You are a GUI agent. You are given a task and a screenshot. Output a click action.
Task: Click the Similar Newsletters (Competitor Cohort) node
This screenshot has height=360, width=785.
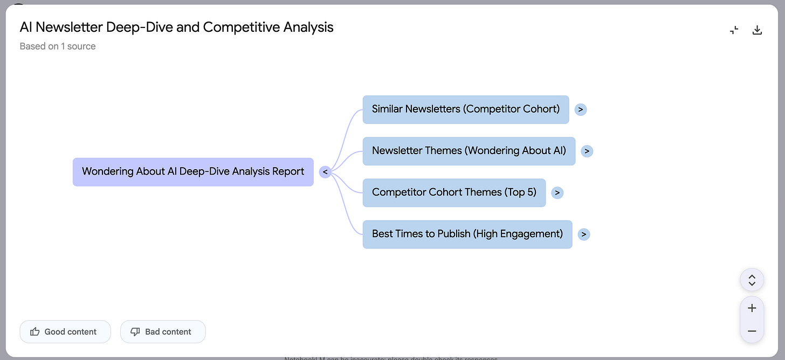pyautogui.click(x=465, y=109)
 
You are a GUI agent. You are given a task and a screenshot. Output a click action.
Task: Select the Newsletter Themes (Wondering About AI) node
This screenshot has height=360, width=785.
pyautogui.click(x=469, y=151)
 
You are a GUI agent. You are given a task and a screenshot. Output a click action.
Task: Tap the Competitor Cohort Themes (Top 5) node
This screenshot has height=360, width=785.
pyautogui.click(x=454, y=192)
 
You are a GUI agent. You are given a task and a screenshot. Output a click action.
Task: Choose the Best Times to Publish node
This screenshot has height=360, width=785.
pyautogui.click(x=467, y=234)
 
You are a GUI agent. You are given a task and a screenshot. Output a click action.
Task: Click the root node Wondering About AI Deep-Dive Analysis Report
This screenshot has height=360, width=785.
pyautogui.click(x=193, y=172)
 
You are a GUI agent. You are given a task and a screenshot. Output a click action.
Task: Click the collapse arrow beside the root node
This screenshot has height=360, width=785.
pyautogui.click(x=325, y=172)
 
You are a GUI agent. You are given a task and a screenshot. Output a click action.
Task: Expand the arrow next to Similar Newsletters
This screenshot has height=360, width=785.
pyautogui.click(x=580, y=109)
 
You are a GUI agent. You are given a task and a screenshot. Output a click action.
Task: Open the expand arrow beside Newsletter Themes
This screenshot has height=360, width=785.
pyautogui.click(x=587, y=151)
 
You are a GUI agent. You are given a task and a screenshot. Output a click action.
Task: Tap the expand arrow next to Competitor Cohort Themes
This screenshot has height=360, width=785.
pyautogui.click(x=557, y=192)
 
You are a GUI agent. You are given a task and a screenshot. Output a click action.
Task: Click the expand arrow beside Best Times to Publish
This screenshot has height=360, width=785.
pyautogui.click(x=584, y=234)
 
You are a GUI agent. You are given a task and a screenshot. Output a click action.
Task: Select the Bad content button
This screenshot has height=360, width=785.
pyautogui.click(x=163, y=331)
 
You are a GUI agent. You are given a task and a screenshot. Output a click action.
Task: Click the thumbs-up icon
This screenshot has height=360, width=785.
pyautogui.click(x=35, y=331)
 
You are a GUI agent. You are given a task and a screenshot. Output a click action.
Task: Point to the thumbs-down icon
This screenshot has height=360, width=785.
pyautogui.click(x=135, y=331)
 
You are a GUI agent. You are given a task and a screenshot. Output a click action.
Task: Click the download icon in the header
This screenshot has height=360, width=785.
pyautogui.click(x=757, y=30)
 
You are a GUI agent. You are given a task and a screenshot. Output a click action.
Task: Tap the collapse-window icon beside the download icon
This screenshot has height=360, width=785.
pyautogui.click(x=734, y=30)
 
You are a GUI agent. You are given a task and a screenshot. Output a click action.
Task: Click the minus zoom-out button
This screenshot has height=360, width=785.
pyautogui.click(x=752, y=331)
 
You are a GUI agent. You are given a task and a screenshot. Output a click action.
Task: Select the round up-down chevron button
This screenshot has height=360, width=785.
pyautogui.click(x=752, y=280)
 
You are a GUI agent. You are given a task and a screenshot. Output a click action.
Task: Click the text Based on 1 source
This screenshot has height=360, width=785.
pyautogui.click(x=58, y=46)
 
